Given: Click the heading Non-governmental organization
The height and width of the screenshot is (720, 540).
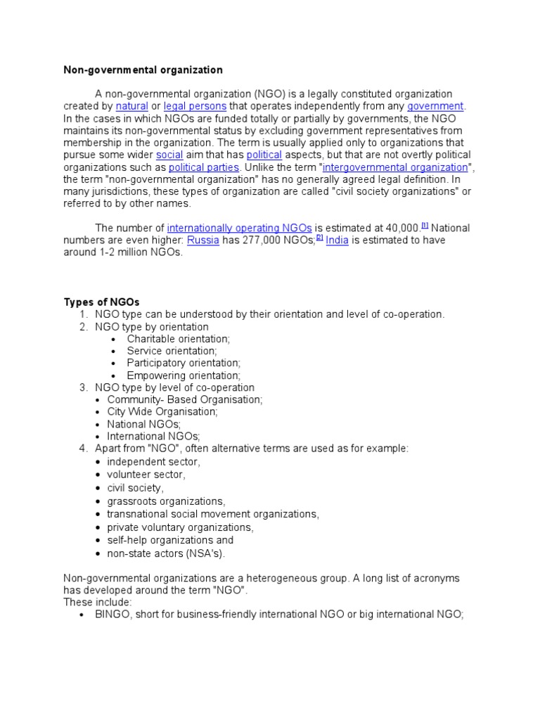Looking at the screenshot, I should [143, 70].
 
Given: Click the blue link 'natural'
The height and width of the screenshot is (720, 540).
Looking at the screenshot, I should [131, 106].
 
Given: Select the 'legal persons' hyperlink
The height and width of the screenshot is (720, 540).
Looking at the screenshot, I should [195, 106].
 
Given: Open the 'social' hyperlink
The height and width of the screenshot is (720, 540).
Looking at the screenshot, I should [169, 155].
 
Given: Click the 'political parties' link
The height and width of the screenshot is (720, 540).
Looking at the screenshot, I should [204, 167].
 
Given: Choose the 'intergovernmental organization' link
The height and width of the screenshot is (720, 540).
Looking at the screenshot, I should [395, 167].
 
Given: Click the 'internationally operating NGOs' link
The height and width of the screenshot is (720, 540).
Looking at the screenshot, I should [239, 228].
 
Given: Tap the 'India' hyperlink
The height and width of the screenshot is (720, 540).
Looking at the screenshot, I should [337, 240].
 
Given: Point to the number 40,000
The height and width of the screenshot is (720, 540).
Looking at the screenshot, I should [399, 228].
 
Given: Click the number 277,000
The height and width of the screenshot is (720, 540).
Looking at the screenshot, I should [263, 240].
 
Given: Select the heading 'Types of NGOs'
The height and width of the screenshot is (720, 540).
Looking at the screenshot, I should [97, 302].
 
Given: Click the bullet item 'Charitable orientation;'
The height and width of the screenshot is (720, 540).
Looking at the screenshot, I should [178, 339].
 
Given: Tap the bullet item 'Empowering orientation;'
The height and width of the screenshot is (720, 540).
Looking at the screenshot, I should [183, 376].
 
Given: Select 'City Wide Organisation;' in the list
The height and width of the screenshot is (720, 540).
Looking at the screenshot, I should [162, 411].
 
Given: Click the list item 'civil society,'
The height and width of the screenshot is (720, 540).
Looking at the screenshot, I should [135, 487].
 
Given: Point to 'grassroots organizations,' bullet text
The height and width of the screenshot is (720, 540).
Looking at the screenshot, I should [166, 501].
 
